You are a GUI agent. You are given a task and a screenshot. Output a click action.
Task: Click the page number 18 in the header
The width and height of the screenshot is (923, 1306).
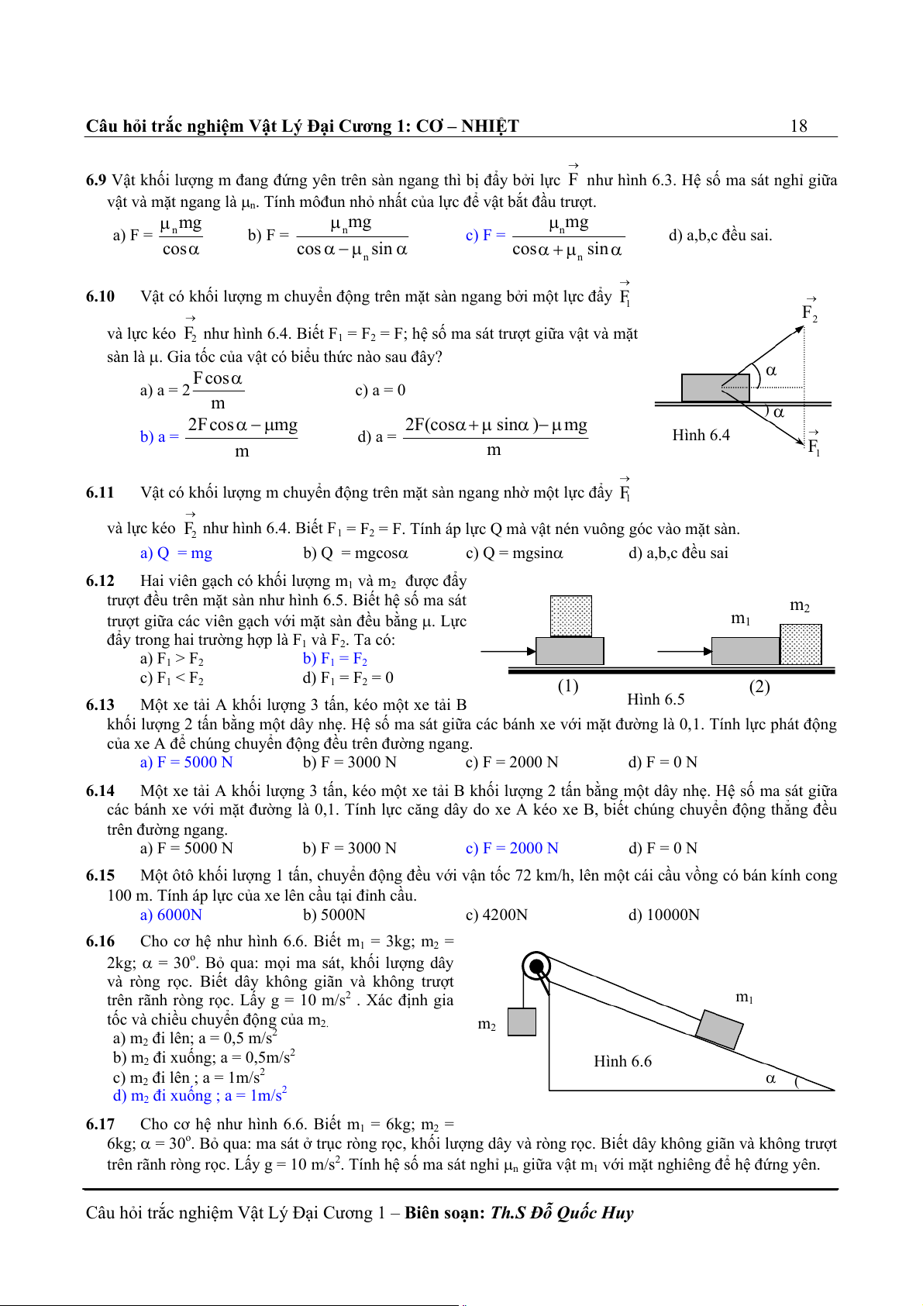798,126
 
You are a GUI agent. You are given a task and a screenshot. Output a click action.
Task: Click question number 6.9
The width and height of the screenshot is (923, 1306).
95,181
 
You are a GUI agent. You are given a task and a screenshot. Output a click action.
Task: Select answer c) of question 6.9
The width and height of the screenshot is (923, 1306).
545,236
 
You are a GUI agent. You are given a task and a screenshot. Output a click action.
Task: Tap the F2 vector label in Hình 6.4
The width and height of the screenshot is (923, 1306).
809,312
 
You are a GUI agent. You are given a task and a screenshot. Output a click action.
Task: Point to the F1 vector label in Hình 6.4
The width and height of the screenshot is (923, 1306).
813,446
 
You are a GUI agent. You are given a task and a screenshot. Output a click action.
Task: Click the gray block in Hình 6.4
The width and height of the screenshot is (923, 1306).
715,388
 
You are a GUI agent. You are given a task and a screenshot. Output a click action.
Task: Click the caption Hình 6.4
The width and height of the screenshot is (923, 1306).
701,435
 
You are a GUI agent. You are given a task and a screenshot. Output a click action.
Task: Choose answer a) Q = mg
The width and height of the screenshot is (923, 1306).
176,553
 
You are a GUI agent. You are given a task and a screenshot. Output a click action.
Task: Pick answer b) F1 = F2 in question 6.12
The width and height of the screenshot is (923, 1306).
335,659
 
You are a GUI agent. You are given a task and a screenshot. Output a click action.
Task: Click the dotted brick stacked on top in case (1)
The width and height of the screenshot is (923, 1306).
571,616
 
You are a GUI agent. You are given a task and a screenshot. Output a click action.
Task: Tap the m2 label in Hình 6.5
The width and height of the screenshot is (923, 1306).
799,605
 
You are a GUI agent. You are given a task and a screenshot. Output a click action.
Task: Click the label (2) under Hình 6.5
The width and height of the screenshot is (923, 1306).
759,687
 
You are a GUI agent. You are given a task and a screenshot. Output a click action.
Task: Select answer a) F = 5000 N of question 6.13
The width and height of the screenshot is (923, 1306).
186,763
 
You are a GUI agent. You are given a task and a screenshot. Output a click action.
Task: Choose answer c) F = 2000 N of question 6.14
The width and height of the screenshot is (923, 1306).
511,849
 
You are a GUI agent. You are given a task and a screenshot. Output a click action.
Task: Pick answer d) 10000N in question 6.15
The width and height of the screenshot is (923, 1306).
663,915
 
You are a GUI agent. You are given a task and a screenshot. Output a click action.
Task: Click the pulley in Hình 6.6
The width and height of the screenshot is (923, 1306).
536,967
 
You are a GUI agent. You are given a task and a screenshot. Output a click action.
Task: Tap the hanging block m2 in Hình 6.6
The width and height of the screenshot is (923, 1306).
522,1022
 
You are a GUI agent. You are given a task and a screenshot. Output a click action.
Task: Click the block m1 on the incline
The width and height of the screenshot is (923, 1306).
719,1029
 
